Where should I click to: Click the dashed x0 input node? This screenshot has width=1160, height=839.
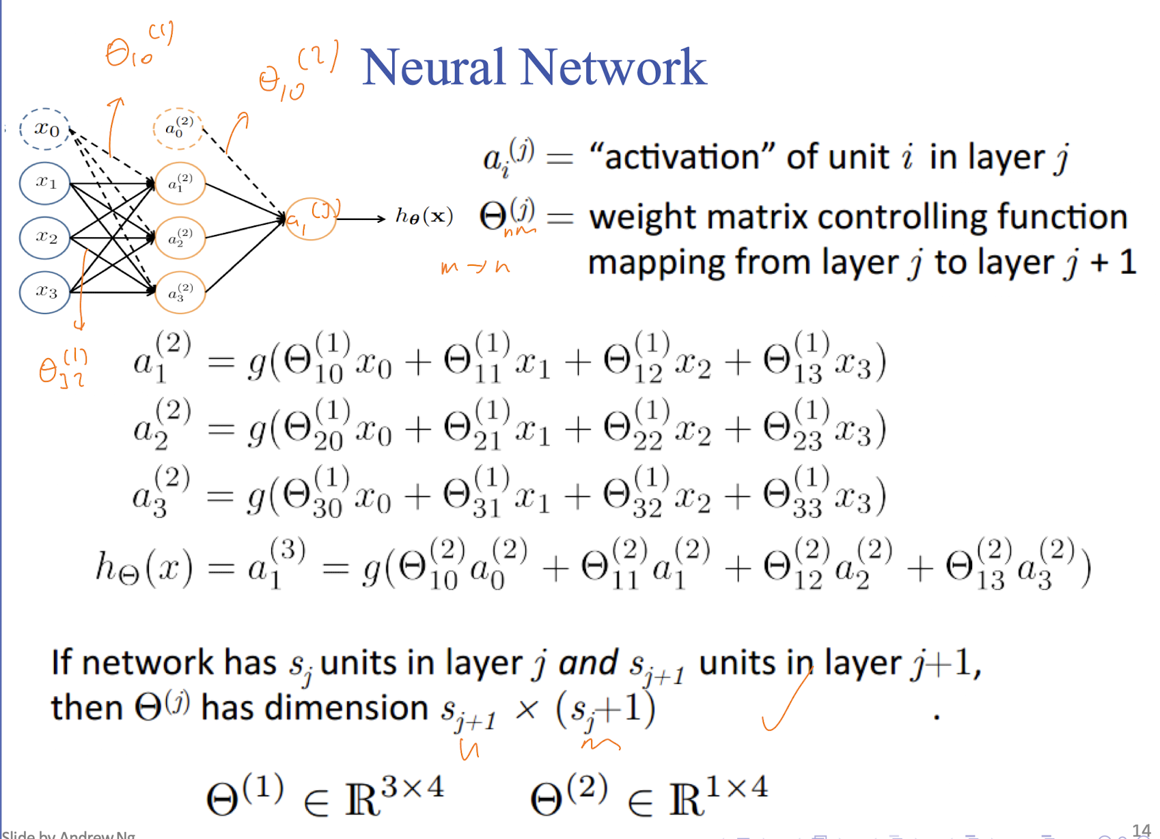point(45,128)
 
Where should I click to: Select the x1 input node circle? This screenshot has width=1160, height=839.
point(45,182)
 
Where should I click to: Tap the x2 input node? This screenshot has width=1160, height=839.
point(45,237)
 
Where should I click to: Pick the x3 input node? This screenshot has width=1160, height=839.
point(45,292)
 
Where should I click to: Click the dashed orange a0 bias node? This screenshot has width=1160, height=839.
point(178,128)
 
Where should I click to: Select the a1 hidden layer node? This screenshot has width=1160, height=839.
point(180,183)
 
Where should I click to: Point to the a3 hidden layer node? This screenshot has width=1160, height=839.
point(180,292)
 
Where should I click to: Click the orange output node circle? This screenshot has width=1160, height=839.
point(311,219)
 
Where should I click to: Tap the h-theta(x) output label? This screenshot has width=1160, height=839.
point(424,217)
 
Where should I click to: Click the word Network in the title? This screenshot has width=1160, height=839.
point(613,68)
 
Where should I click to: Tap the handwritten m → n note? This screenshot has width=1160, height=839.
point(475,267)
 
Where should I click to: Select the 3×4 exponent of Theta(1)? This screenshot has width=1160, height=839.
point(412,788)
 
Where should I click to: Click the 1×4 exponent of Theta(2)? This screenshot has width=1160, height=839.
point(737,788)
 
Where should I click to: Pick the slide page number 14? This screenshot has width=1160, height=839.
point(1141,830)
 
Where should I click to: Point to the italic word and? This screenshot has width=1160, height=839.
point(588,663)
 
